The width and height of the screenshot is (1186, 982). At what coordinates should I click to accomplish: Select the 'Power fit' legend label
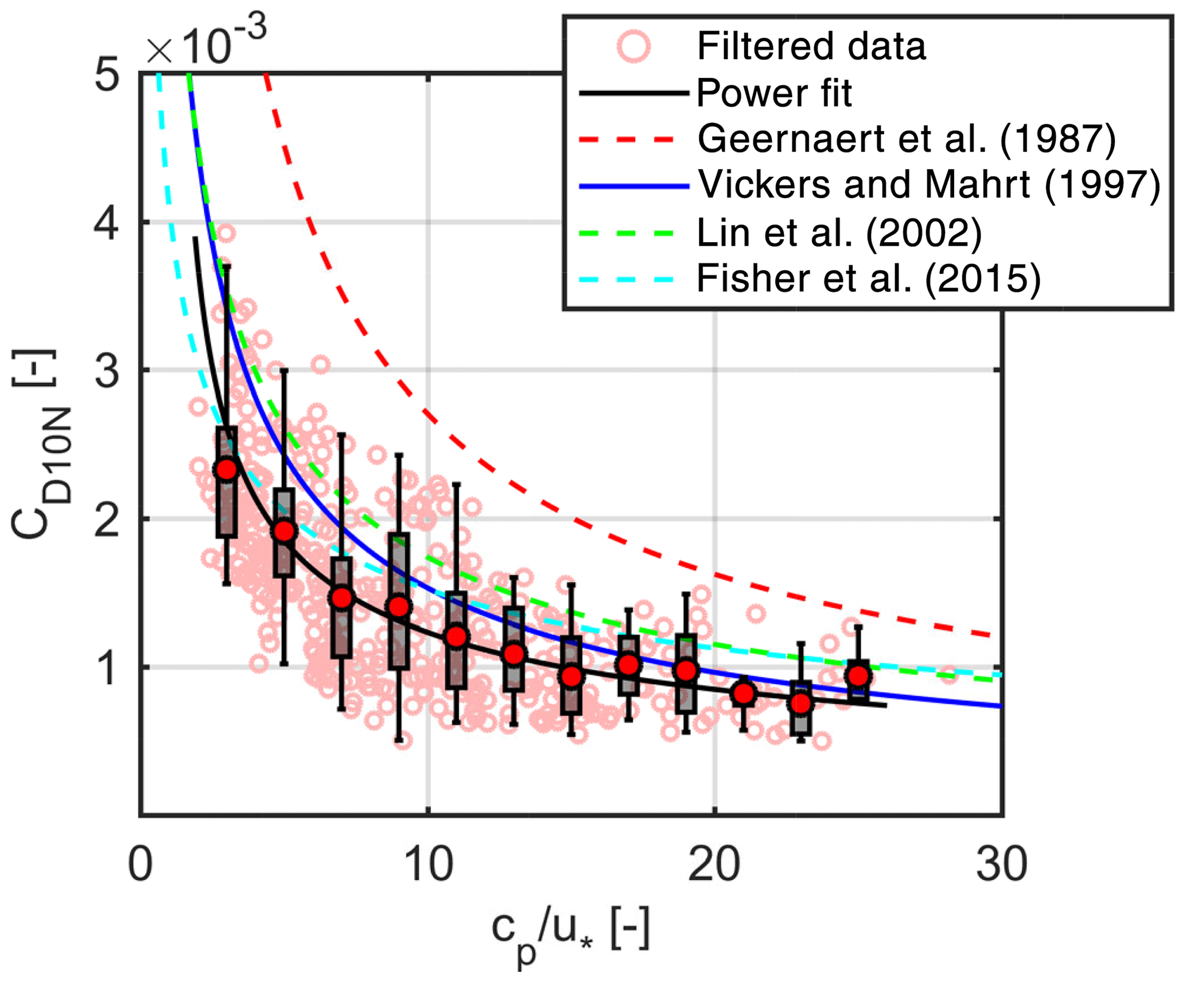pyautogui.click(x=773, y=93)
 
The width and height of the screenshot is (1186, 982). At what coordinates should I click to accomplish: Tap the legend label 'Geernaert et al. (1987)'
pyautogui.click(x=907, y=139)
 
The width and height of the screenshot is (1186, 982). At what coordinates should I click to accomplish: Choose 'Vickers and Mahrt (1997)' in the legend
pyautogui.click(x=929, y=185)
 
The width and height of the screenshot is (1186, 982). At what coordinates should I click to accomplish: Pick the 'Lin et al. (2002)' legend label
pyautogui.click(x=839, y=232)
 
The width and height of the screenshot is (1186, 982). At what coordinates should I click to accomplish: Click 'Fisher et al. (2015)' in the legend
pyautogui.click(x=868, y=279)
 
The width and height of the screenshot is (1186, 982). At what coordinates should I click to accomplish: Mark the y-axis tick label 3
pyautogui.click(x=107, y=371)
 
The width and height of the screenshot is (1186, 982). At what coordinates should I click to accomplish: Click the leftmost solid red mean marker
pyautogui.click(x=227, y=469)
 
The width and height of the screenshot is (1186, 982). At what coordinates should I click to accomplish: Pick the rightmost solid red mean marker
pyautogui.click(x=858, y=676)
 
